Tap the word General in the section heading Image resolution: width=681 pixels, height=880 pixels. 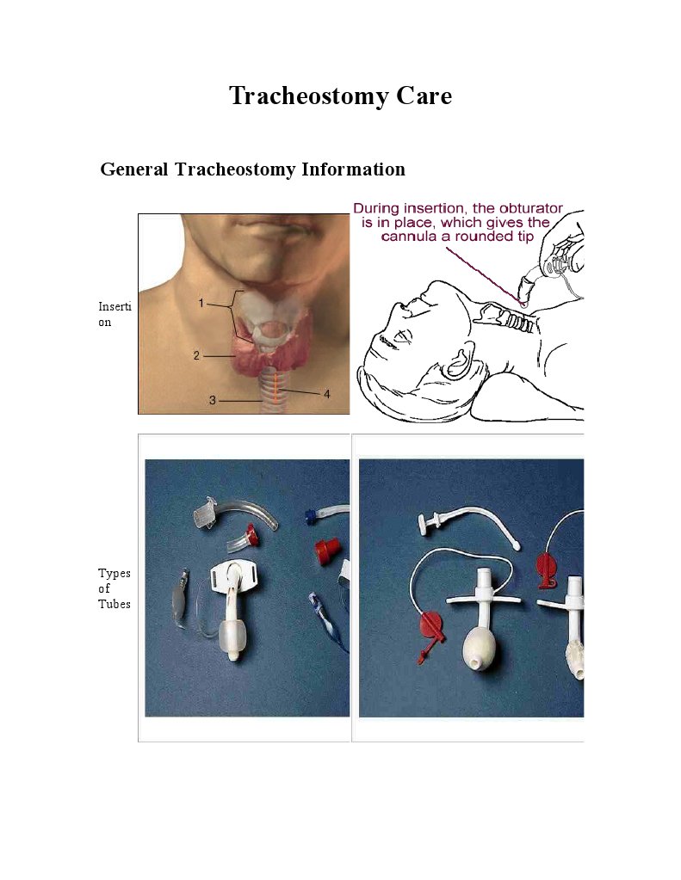tap(134, 169)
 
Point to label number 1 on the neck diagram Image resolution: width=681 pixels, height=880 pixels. tap(201, 303)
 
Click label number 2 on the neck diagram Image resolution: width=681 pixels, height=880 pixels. tap(196, 355)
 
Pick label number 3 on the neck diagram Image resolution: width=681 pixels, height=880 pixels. tap(213, 400)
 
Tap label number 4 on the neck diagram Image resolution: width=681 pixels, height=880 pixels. tap(326, 394)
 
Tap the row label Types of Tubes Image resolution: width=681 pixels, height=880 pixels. tap(114, 588)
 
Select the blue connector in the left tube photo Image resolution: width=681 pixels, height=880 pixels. tap(310, 518)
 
